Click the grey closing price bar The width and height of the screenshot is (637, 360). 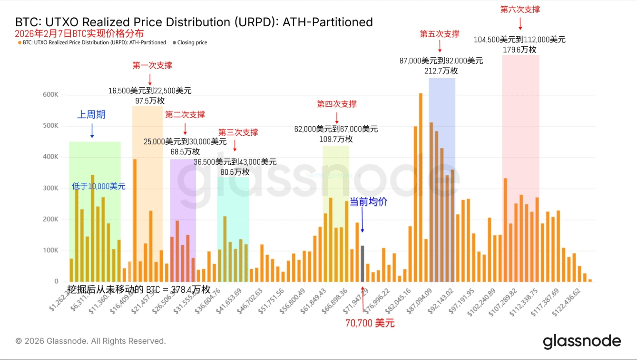[362, 264]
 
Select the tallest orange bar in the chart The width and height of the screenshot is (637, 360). [421, 187]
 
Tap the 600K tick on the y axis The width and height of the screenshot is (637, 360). [50, 94]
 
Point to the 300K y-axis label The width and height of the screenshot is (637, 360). [50, 188]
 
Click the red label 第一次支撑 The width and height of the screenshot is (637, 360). [152, 65]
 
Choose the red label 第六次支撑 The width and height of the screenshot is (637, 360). [520, 10]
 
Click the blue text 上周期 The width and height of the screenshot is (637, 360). [92, 114]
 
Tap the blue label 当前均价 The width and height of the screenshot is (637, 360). [368, 202]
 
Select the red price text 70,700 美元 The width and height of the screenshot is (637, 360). [370, 323]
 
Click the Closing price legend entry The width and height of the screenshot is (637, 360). [192, 42]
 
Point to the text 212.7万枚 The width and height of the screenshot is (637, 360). [441, 71]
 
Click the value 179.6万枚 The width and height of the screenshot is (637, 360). [520, 50]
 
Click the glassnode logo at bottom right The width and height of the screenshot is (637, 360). [582, 341]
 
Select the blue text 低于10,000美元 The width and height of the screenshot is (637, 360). [99, 186]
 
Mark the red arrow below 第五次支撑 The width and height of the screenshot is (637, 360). [440, 46]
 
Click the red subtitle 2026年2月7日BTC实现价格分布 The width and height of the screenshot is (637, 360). [80, 34]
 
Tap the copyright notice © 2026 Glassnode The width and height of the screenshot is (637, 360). [91, 341]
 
